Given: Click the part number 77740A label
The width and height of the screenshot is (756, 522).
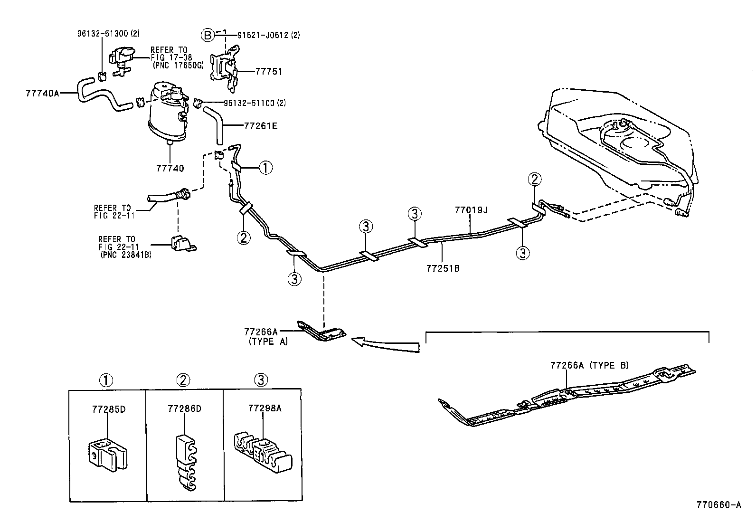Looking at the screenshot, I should tap(42, 93).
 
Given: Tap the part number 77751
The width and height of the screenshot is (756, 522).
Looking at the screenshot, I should tap(269, 72).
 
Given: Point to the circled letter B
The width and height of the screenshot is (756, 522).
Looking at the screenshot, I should tap(207, 35).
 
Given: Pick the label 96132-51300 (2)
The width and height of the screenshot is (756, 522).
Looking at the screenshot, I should tap(102, 34).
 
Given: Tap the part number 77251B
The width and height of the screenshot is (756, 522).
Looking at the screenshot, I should tap(443, 268).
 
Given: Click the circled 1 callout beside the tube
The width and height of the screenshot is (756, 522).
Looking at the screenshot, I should tap(265, 167).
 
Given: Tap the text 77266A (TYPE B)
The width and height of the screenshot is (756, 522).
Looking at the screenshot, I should tap(589, 365).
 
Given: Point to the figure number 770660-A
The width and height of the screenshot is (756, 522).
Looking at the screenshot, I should tap(718, 505).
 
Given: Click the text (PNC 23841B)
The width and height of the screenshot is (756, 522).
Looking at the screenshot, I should tap(125, 255).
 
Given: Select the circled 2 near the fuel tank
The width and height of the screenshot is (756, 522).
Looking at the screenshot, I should tap(535, 180).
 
